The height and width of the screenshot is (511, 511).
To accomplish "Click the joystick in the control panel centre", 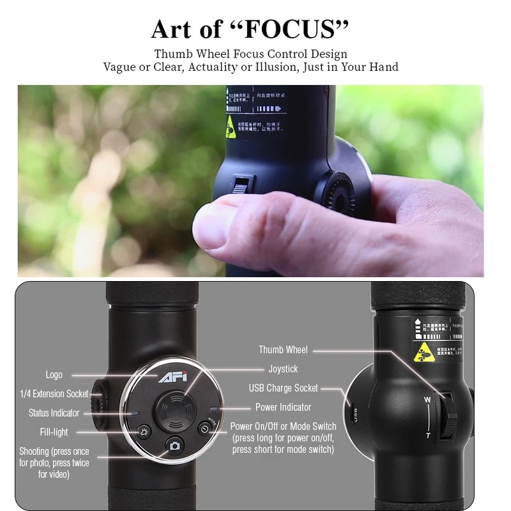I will click(174, 408).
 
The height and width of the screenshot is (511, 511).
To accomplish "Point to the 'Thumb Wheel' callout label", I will click(283, 349).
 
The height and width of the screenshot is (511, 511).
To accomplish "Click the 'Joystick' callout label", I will click(283, 369).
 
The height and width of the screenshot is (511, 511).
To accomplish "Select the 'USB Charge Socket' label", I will click(283, 388).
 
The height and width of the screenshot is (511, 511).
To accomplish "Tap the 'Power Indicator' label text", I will click(283, 407).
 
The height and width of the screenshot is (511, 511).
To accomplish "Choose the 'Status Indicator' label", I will click(54, 413).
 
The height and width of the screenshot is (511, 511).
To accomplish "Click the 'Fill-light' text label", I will click(54, 432).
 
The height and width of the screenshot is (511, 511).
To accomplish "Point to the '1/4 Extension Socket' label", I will click(54, 393).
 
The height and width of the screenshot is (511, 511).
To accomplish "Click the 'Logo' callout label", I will click(54, 375).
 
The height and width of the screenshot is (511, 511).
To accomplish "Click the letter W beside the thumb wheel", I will click(427, 400).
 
